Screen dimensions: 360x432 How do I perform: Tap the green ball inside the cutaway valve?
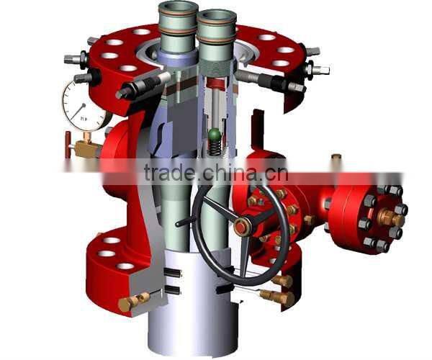tap(214, 135)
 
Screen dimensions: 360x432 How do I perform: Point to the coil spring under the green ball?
tap(214, 148)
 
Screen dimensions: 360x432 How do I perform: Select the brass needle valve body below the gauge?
tap(88, 149)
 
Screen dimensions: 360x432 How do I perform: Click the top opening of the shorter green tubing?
tap(217, 16)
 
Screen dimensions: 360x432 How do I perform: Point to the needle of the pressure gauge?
tap(82, 106)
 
